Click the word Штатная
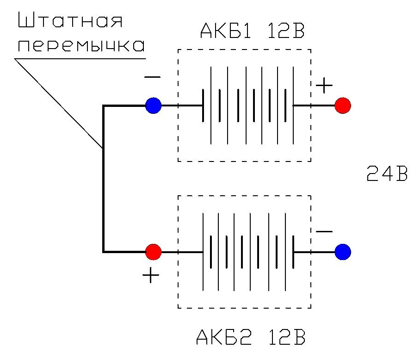[69, 22]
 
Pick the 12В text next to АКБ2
[284, 338]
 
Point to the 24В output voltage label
[387, 175]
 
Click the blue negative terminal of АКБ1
[153, 106]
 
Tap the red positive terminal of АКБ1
[343, 105]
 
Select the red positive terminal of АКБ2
[153, 252]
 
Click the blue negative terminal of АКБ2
[343, 252]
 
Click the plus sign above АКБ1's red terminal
[324, 85]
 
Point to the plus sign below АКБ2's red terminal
[151, 276]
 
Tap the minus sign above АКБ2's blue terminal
[324, 231]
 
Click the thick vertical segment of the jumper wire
[103, 180]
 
